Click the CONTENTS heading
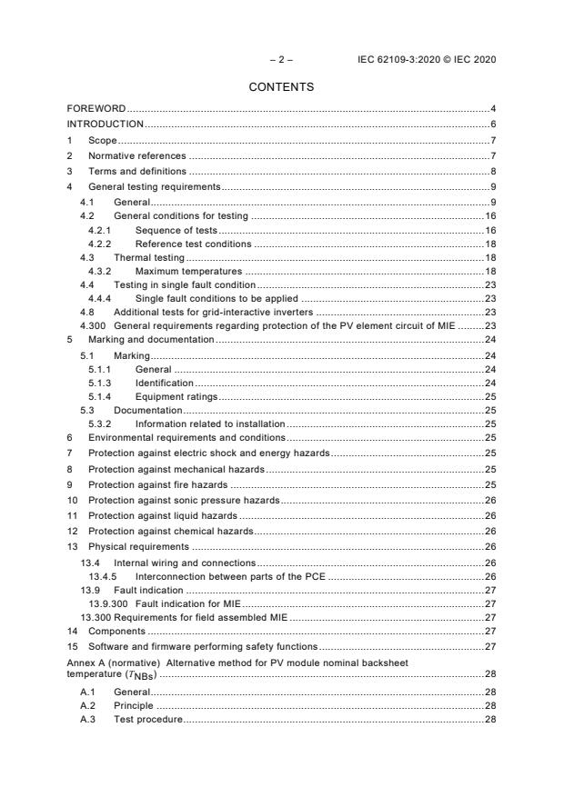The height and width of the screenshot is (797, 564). tap(281, 87)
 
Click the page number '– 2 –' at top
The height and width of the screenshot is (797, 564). tap(281, 60)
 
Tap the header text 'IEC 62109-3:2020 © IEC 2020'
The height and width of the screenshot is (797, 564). tap(428, 60)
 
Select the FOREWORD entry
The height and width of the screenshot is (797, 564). tap(96, 109)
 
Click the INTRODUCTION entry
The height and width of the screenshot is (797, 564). tap(106, 124)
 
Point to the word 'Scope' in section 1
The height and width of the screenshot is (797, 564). tap(102, 140)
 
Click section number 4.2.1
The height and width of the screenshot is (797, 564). tap(99, 231)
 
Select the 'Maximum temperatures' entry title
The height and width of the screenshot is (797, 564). tap(188, 272)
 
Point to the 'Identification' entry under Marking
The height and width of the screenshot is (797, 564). tap(164, 383)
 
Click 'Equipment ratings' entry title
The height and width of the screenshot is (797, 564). tap(176, 396)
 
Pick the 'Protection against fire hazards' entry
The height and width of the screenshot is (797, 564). tap(157, 484)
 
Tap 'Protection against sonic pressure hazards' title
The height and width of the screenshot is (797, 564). tap(183, 500)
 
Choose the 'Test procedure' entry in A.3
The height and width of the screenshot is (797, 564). tap(148, 720)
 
